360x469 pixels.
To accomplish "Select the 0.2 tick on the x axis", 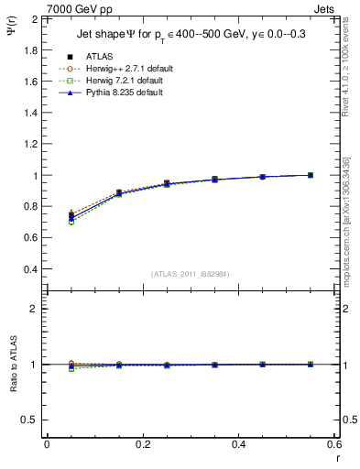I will [x=142, y=444].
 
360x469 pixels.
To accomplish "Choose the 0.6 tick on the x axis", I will [x=334, y=444].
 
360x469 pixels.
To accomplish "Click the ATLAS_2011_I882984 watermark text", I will [x=190, y=273].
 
